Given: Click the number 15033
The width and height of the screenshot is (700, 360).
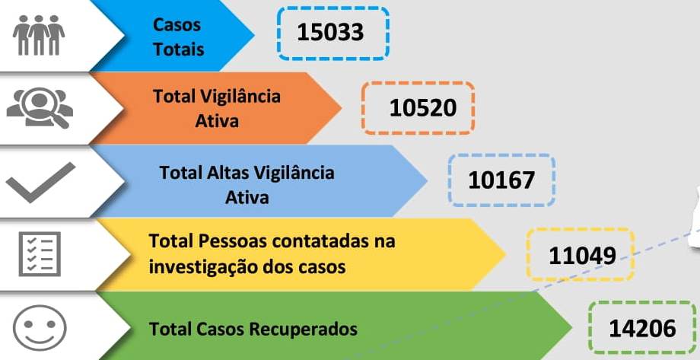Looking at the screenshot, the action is coord(330,33).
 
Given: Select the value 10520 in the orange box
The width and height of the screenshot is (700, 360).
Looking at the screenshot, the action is coord(423,108).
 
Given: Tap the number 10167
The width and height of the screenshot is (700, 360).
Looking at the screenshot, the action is coord(501,180).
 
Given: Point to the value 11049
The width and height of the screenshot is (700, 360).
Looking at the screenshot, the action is coord(582,256).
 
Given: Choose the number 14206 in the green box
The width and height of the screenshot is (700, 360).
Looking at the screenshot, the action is coord(642,330).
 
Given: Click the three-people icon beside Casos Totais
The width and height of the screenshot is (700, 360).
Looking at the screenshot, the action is coord(39,35).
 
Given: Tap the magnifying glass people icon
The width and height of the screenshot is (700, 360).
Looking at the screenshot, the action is coord(40,107).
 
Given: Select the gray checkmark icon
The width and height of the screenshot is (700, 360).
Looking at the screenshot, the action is coord(40,182).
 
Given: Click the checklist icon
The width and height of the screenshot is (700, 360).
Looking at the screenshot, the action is coord(40,253).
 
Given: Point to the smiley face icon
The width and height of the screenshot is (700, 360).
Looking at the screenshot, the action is coord(40,327).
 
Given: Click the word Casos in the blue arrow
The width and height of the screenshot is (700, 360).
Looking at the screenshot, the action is coord(177,25).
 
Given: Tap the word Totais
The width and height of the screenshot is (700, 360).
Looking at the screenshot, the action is coord(179,49).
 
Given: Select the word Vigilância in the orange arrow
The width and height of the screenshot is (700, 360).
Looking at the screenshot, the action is coord(240,96).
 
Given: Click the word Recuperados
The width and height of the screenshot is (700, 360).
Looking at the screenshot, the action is coord(303,330).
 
